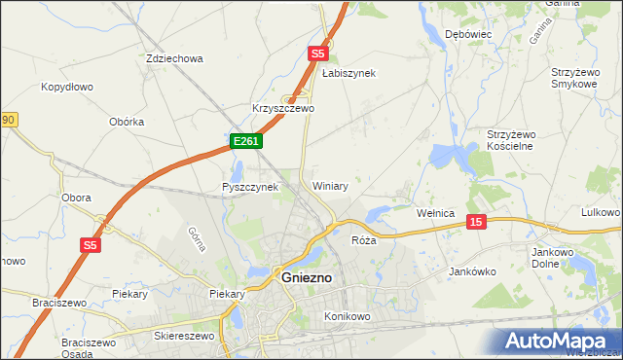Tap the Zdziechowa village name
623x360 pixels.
click(x=174, y=58)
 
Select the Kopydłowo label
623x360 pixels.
click(x=67, y=87)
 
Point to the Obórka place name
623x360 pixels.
click(x=128, y=122)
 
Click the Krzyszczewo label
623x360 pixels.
click(x=282, y=109)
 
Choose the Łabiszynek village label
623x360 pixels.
click(x=348, y=73)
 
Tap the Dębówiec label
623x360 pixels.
click(x=468, y=34)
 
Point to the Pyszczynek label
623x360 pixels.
click(x=250, y=187)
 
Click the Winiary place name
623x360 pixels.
click(x=330, y=185)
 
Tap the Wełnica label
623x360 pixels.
click(x=436, y=212)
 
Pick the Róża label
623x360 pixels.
click(x=363, y=239)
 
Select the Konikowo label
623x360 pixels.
click(x=348, y=316)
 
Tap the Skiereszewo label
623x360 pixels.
click(x=184, y=335)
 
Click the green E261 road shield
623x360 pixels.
click(x=245, y=142)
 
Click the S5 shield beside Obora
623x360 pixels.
click(x=91, y=246)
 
